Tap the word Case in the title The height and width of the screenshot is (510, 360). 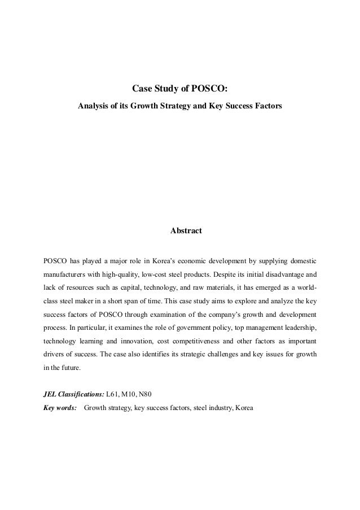pyautogui.click(x=141, y=89)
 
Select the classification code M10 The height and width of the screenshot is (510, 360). pyautogui.click(x=133, y=393)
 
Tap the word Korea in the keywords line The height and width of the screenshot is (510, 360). pyautogui.click(x=244, y=407)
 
